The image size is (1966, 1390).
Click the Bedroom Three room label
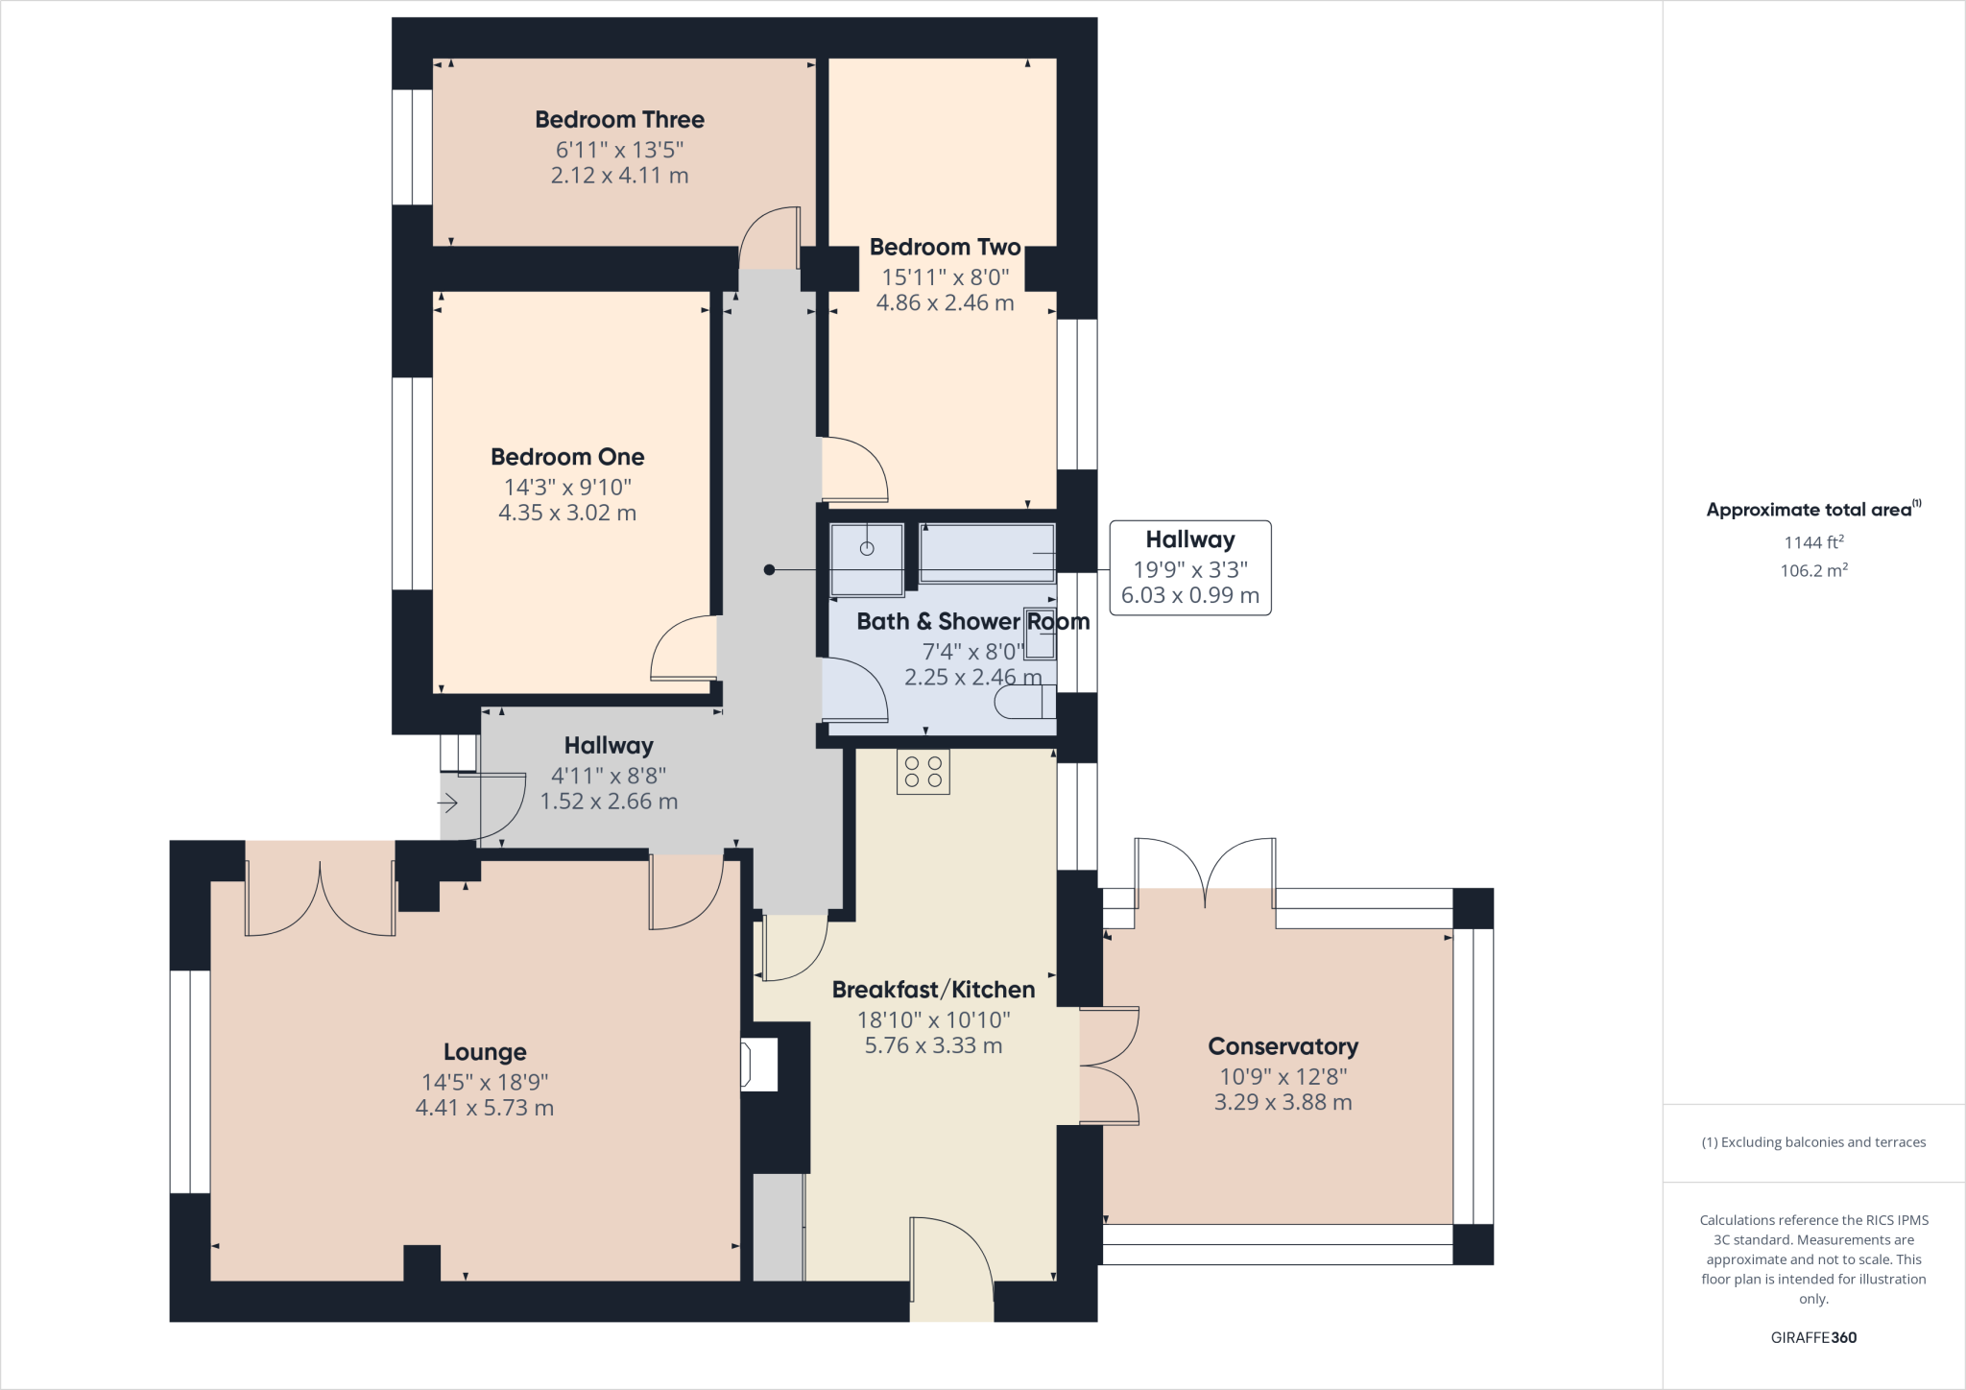coord(619,120)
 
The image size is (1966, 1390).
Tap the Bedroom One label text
coord(567,457)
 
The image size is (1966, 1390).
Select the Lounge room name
coord(485,1053)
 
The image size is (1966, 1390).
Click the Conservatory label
coord(1283,1046)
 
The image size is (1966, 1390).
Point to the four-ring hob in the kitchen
coord(923,772)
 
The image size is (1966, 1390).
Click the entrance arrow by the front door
coord(448,803)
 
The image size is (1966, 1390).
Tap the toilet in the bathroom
coord(1025,703)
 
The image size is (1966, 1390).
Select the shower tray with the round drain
coord(867,560)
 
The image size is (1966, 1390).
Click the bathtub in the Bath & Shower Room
coord(987,553)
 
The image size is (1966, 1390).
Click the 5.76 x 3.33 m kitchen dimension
coord(933,1045)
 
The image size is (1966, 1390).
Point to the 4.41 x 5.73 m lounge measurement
coord(485,1108)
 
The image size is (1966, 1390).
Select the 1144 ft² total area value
coord(1813,542)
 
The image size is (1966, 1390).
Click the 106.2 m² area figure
coord(1813,570)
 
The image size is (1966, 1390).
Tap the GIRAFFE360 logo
coord(1813,1337)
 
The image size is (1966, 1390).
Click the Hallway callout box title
coord(1190,539)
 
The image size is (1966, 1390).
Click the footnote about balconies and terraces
coord(1813,1142)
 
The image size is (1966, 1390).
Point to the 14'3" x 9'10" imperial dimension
coord(567,487)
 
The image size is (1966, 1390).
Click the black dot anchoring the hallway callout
coord(769,570)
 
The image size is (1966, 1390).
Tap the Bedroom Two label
coord(945,247)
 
